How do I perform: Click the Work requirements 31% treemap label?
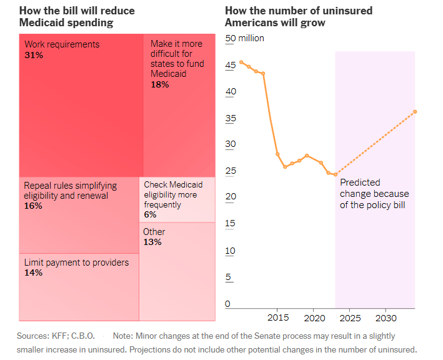pyautogui.click(x=62, y=49)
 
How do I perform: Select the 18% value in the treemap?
pyautogui.click(x=160, y=84)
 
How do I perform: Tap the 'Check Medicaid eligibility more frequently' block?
pyautogui.click(x=177, y=199)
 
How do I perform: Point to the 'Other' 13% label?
pyautogui.click(x=154, y=237)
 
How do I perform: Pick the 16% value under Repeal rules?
pyautogui.click(x=33, y=206)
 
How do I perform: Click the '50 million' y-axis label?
pyautogui.click(x=244, y=39)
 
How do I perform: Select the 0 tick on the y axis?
pyautogui.click(x=228, y=304)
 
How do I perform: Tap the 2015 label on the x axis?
pyautogui.click(x=278, y=317)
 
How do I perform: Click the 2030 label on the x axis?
pyautogui.click(x=385, y=317)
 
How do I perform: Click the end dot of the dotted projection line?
pyautogui.click(x=415, y=112)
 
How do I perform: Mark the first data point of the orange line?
pyautogui.click(x=241, y=62)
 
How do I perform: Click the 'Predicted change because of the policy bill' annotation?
pyautogui.click(x=372, y=193)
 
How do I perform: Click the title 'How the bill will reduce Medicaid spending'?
pyautogui.click(x=77, y=17)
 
